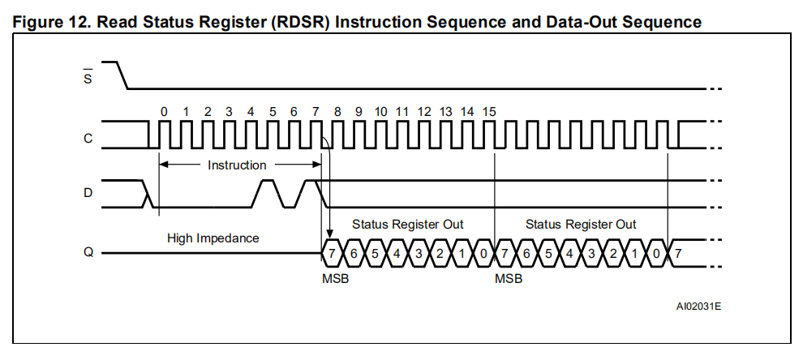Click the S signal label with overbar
[x=88, y=76]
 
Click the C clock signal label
[x=88, y=139]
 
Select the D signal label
[x=88, y=193]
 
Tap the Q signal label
[x=88, y=252]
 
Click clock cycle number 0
[x=164, y=112]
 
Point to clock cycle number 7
[x=316, y=112]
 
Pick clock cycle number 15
[x=489, y=112]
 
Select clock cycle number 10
[x=380, y=112]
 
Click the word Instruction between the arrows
[x=237, y=165]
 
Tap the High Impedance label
[x=213, y=238]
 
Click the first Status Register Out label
[x=408, y=225]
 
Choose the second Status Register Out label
[x=581, y=225]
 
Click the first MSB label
[x=336, y=279]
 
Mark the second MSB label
[x=509, y=279]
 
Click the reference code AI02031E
[x=698, y=306]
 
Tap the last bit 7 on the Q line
[x=678, y=253]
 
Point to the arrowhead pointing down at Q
[x=329, y=234]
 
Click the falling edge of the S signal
[x=122, y=75]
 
